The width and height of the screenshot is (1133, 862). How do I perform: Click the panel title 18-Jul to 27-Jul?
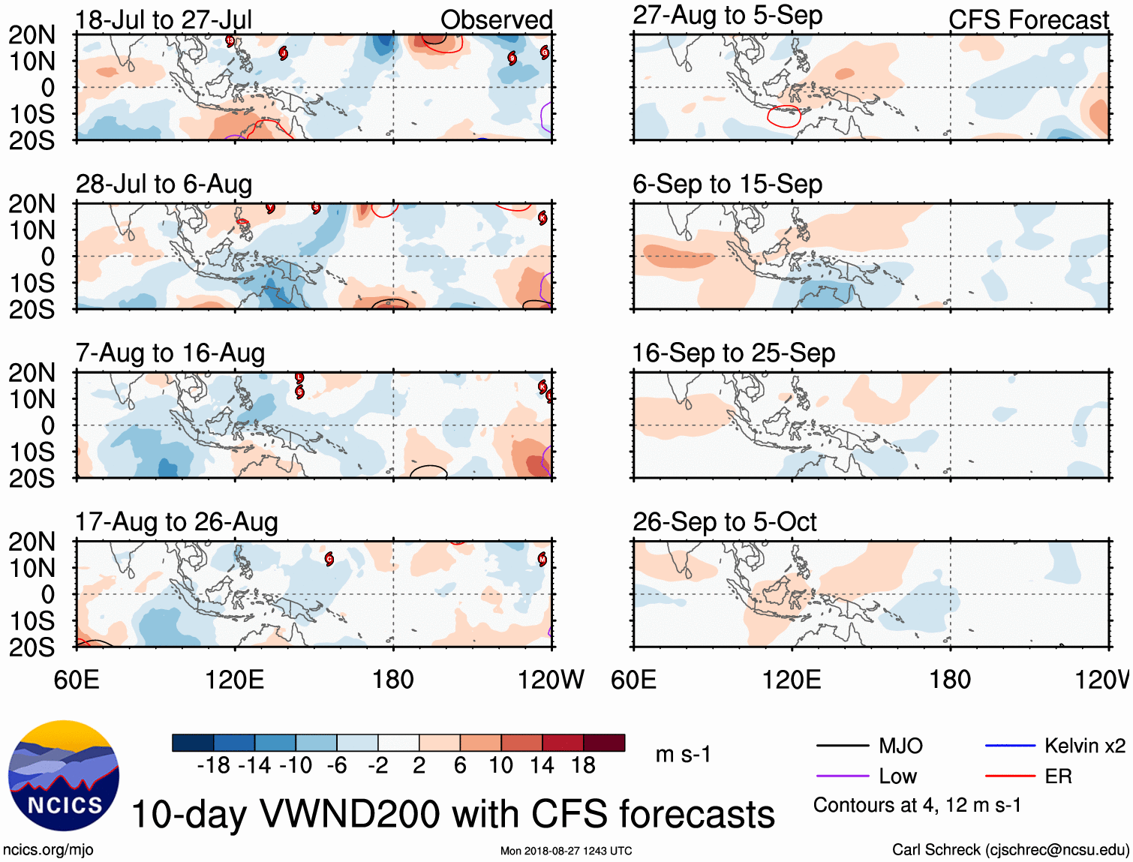(164, 20)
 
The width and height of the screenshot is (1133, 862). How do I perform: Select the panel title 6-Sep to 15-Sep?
(727, 184)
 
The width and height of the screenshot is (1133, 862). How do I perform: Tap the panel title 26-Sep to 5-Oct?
(724, 521)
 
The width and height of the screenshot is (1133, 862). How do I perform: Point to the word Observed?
(496, 20)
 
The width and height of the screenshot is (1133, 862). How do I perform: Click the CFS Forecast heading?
(1028, 20)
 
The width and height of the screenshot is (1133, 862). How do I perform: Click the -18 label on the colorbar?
(213, 765)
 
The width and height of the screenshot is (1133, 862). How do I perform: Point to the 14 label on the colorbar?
(542, 765)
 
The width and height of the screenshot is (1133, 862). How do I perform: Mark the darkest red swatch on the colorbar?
(604, 743)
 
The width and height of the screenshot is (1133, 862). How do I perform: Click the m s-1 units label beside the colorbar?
(683, 754)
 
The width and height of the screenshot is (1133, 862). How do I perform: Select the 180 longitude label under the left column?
(392, 680)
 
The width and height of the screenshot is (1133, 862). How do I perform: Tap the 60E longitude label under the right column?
(633, 680)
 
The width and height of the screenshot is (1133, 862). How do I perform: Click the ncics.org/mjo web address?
(48, 850)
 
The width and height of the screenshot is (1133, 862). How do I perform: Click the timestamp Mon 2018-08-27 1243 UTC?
(566, 851)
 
